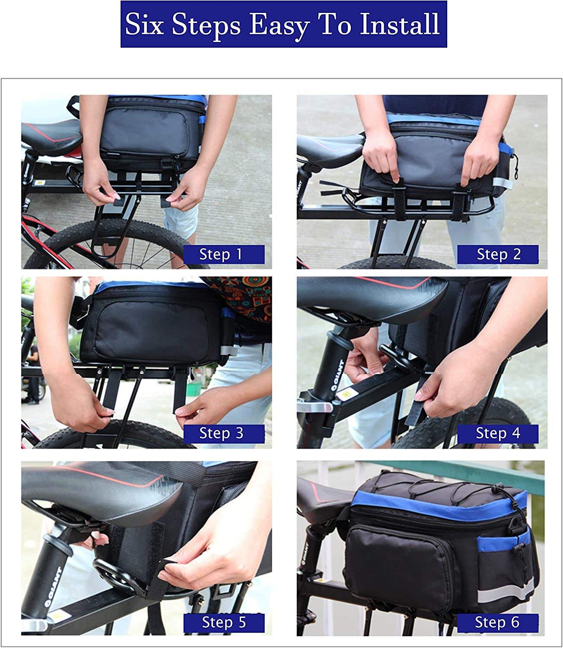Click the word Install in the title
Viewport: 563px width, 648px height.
[x=400, y=24]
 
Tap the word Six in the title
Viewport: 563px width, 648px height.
[x=144, y=24]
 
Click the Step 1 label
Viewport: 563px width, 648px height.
[x=224, y=254]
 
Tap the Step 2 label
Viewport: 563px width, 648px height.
[x=498, y=254]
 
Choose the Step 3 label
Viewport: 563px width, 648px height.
[x=224, y=434]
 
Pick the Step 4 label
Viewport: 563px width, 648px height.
[x=498, y=434]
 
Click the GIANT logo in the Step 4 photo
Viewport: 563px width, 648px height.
[x=337, y=375]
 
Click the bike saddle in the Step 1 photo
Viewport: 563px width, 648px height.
[x=51, y=136]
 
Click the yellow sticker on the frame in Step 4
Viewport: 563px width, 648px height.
[x=347, y=394]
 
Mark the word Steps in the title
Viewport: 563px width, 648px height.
[x=206, y=25]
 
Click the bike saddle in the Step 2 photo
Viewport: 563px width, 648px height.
[x=329, y=149]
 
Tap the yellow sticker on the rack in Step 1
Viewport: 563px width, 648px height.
[x=39, y=183]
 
